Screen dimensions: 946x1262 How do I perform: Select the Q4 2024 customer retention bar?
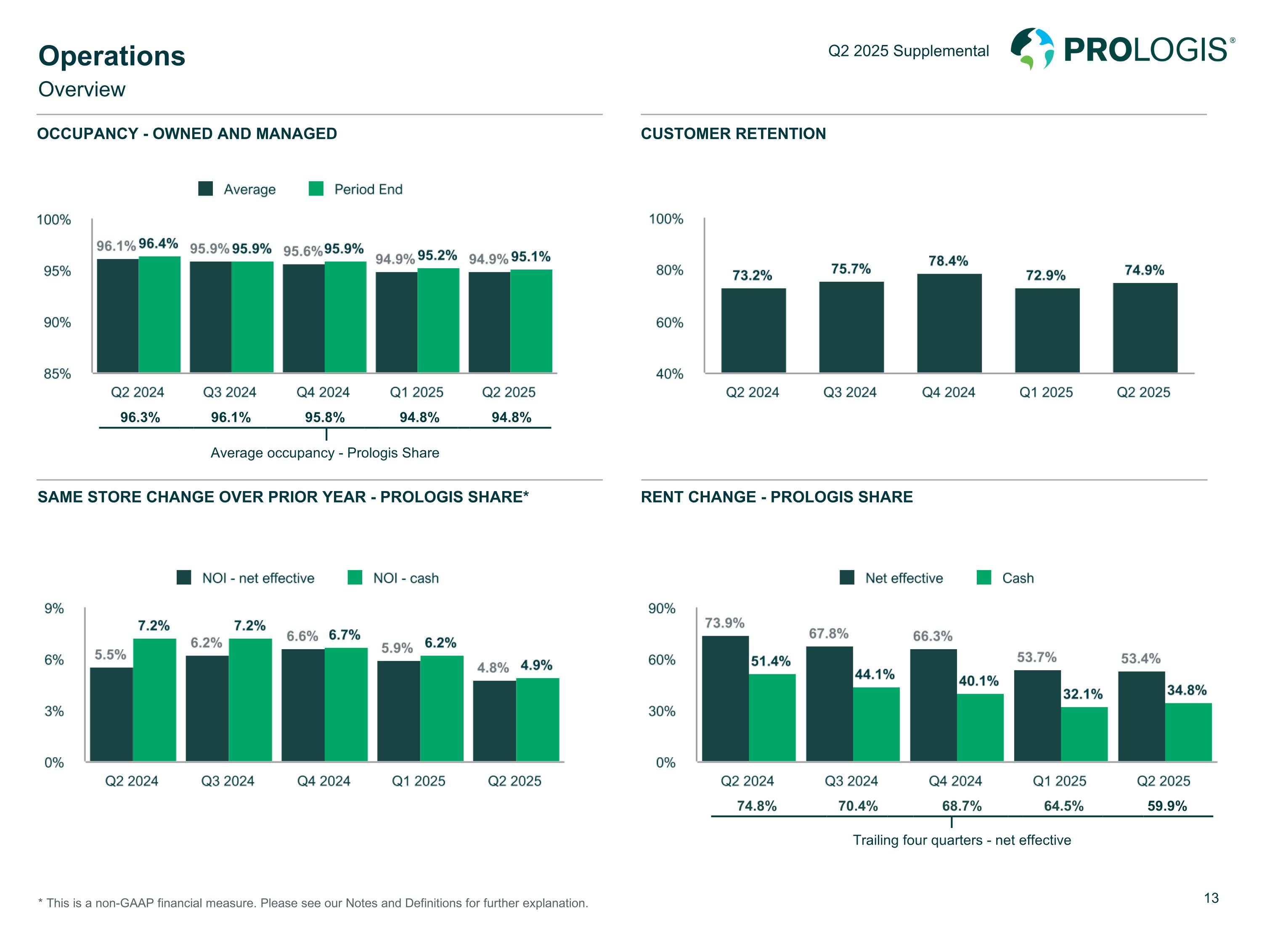pos(949,323)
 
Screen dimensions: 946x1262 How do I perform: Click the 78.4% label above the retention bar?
pos(948,261)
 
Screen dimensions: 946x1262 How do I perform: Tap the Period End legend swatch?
pos(316,189)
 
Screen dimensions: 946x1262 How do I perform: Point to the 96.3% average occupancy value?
pos(140,418)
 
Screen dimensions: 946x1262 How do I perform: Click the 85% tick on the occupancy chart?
pos(57,374)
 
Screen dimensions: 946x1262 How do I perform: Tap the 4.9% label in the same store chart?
pos(536,665)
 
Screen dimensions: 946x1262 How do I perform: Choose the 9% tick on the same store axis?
pos(54,608)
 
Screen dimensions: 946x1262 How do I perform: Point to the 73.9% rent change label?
pos(724,623)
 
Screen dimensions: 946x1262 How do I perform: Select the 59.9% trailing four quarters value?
pos(1167,806)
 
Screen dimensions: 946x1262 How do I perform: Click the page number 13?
pos(1211,898)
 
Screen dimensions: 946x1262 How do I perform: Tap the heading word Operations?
pos(112,56)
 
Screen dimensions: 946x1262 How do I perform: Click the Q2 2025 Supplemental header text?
pos(908,51)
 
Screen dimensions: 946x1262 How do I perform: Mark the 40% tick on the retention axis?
pos(669,374)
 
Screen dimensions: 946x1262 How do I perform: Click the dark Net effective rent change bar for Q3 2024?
pos(829,704)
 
